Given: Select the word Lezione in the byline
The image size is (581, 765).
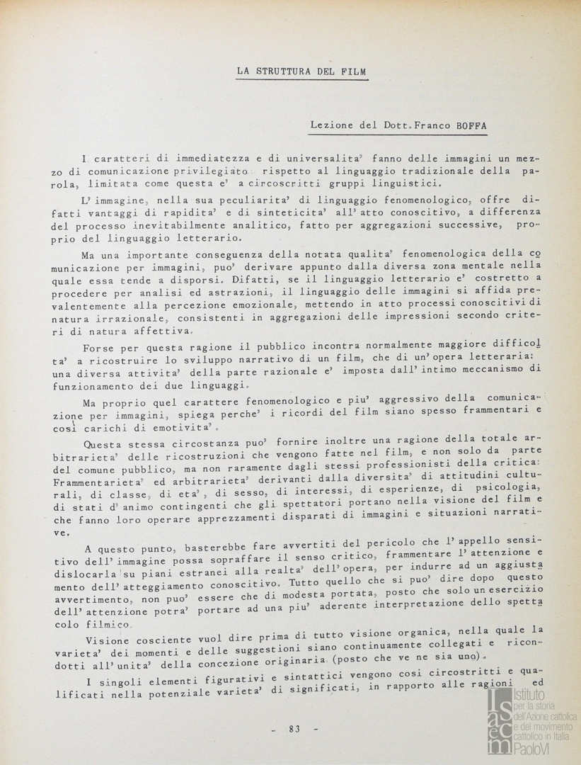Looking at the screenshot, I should point(331,125).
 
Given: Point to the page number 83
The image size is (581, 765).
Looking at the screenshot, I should point(295,729).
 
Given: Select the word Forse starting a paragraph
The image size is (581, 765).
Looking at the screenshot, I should point(98,348).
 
